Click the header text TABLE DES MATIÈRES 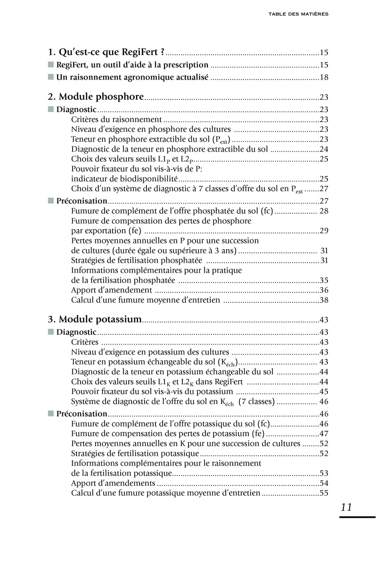(x=298, y=14)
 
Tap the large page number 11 (x=346, y=507)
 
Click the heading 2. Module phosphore (x=96, y=97)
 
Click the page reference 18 (x=324, y=78)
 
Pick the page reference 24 (x=324, y=149)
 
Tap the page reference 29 (x=324, y=231)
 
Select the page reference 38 (x=324, y=300)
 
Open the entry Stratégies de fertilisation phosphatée (x=137, y=260)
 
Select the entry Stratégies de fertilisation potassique (x=135, y=453)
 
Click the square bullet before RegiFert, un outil (x=51, y=65)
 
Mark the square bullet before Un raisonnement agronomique (x=51, y=78)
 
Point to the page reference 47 (x=324, y=434)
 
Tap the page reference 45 (x=324, y=391)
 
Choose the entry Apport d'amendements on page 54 (x=113, y=483)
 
